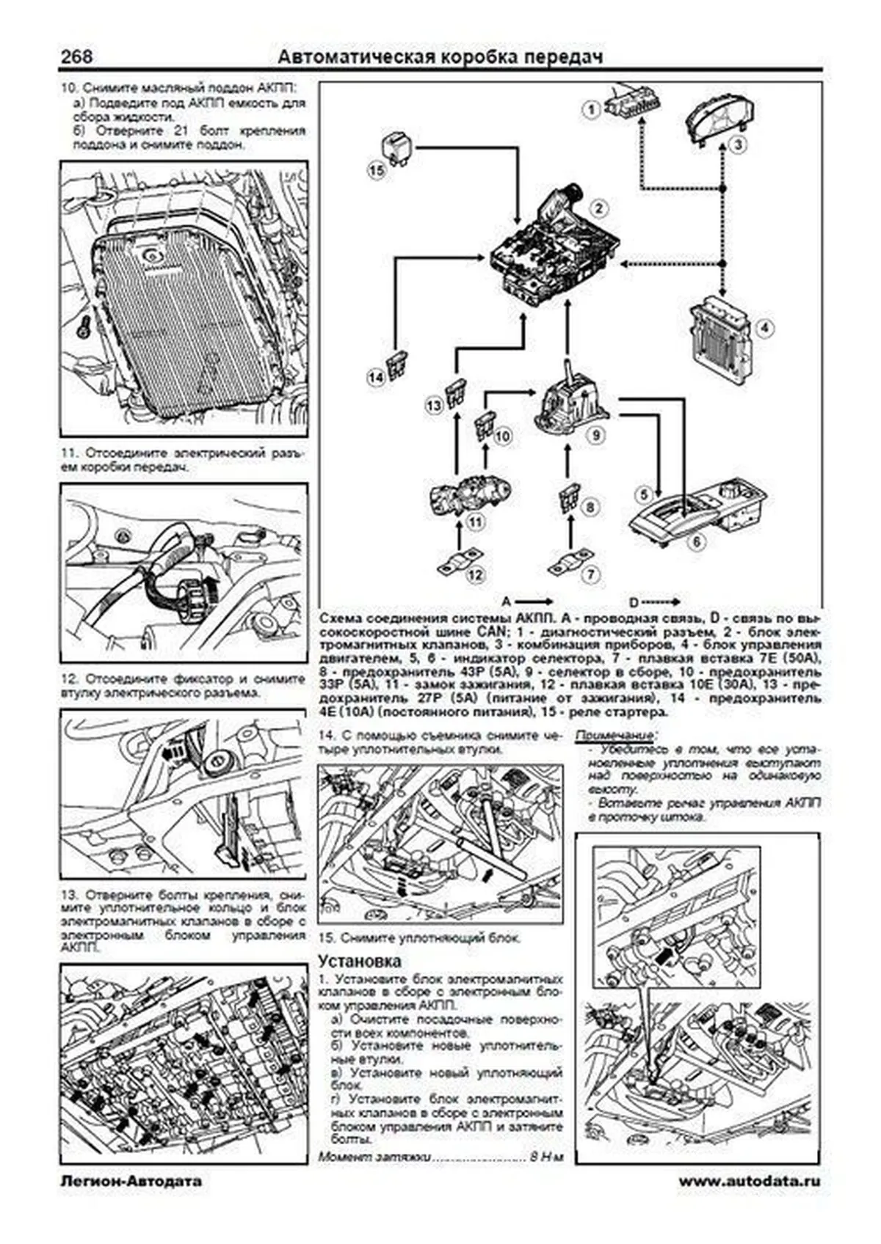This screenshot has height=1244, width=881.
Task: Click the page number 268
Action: point(76,57)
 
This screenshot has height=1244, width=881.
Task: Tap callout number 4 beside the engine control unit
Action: point(765,328)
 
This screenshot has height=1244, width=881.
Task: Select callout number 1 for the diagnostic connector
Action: point(590,111)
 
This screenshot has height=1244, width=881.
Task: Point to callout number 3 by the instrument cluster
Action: point(738,144)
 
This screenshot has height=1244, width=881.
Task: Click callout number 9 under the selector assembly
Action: point(596,436)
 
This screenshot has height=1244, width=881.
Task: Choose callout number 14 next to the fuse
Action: point(376,378)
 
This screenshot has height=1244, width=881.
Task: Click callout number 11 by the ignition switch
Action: point(475,522)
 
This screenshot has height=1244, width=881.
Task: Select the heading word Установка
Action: point(360,961)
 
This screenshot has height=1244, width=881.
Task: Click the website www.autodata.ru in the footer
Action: point(749,1181)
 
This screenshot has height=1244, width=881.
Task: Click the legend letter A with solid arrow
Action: point(507,599)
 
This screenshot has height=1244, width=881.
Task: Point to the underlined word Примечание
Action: point(615,736)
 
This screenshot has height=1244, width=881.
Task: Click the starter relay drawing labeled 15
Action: point(399,147)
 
